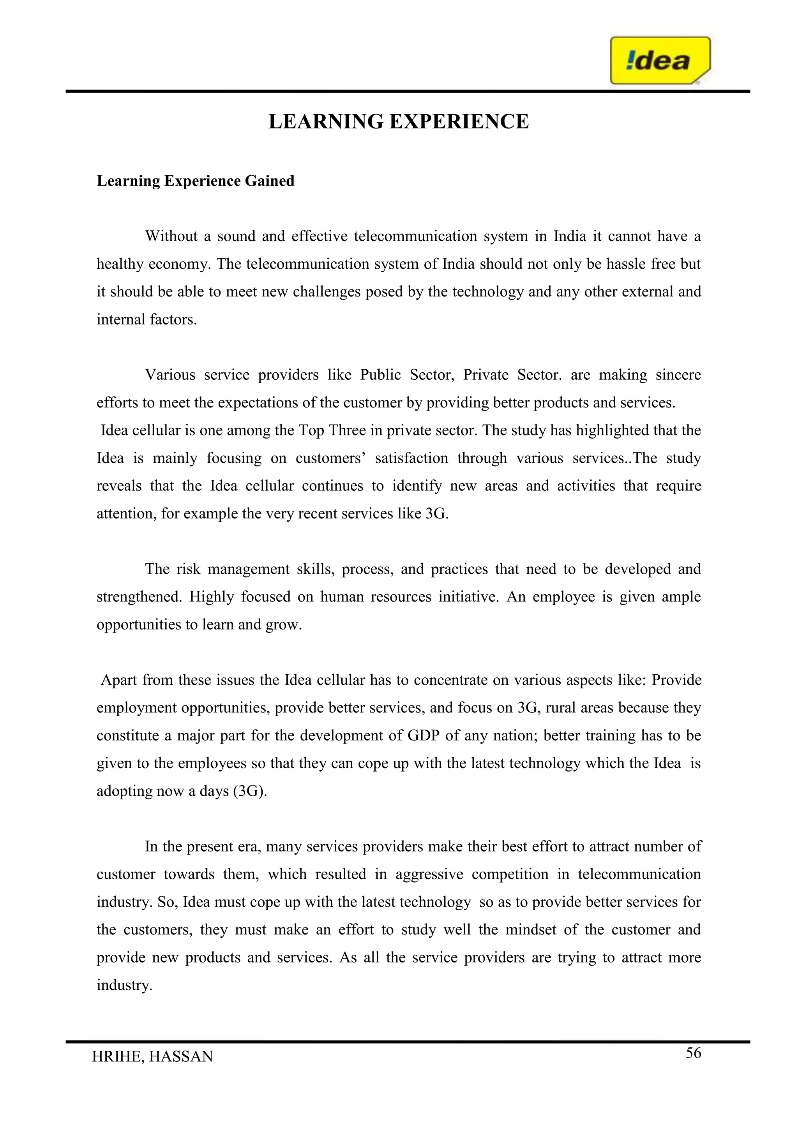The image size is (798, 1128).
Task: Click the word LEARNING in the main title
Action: click(326, 122)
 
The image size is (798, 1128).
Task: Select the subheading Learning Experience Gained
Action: click(195, 181)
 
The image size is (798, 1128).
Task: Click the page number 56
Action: click(693, 1053)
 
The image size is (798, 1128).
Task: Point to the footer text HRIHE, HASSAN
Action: click(152, 1056)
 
